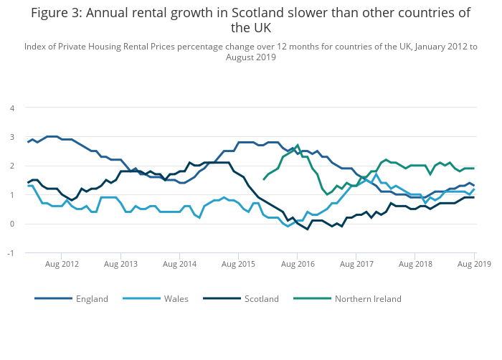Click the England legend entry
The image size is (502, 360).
click(x=92, y=298)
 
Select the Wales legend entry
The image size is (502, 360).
click(x=176, y=298)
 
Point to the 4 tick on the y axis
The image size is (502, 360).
click(x=11, y=108)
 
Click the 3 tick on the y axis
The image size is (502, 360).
click(x=11, y=137)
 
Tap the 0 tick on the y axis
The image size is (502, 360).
click(x=11, y=224)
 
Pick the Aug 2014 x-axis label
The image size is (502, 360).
click(x=179, y=264)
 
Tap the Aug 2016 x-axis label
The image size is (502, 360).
click(x=298, y=264)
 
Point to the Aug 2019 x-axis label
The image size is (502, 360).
click(x=474, y=264)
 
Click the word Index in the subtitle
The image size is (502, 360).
click(x=35, y=46)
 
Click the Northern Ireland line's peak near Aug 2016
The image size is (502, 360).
click(x=298, y=146)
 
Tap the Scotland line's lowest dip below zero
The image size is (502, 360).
click(x=308, y=229)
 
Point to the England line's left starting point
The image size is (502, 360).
click(x=28, y=142)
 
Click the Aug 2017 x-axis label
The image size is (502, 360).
click(x=356, y=264)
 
